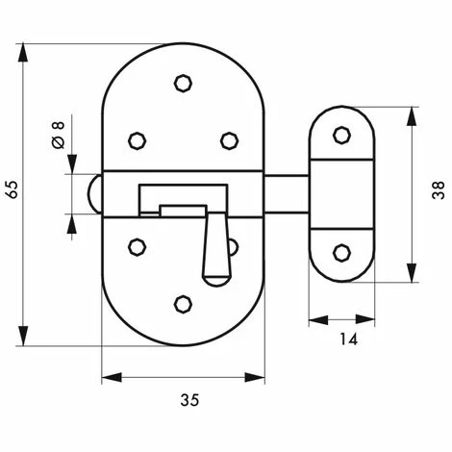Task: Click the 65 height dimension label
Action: [13, 189]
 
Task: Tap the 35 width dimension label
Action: [189, 400]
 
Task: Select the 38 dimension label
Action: [439, 190]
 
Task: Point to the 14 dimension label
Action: [348, 339]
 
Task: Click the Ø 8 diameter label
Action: [58, 135]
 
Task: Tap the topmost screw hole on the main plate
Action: [183, 84]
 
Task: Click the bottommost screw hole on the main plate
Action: [183, 304]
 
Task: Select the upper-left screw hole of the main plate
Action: [138, 140]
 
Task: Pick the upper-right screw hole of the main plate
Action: [229, 140]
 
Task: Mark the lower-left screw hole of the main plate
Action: [138, 247]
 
